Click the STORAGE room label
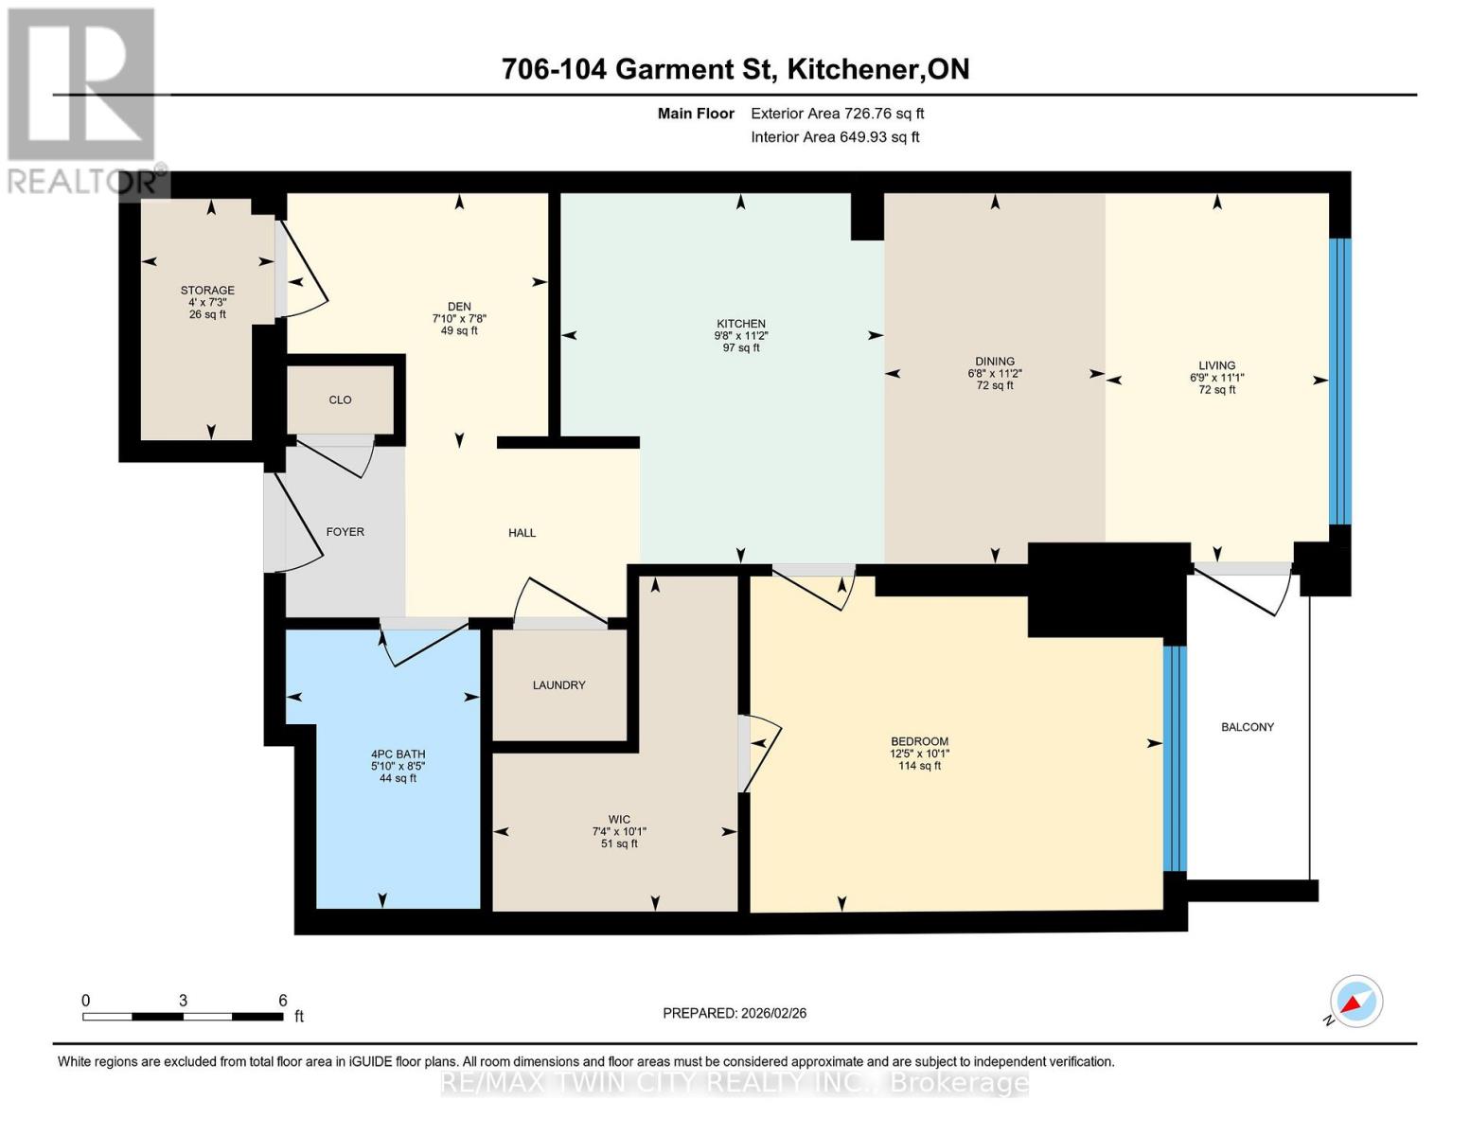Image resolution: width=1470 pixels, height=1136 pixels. click(x=207, y=291)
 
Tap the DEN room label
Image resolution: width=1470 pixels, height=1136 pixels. click(x=459, y=307)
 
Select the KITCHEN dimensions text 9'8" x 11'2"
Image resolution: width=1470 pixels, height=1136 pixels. click(x=741, y=335)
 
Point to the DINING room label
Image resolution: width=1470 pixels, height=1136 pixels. click(x=995, y=362)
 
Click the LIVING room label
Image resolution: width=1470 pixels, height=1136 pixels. click(x=1216, y=365)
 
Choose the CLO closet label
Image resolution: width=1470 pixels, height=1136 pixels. click(x=340, y=399)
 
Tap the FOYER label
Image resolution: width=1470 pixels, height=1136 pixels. click(x=345, y=532)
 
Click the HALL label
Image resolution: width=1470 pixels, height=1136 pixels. click(x=522, y=533)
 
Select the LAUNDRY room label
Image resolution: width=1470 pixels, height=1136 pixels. click(x=558, y=685)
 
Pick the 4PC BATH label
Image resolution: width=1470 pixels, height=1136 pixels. click(x=398, y=754)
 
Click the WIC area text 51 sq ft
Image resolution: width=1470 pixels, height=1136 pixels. click(x=619, y=843)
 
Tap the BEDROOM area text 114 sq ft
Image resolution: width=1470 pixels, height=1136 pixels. click(x=919, y=766)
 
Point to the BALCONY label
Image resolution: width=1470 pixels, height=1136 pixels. click(x=1248, y=727)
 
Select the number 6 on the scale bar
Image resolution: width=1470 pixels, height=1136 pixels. click(x=283, y=1000)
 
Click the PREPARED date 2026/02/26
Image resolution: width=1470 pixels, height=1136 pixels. click(x=774, y=1014)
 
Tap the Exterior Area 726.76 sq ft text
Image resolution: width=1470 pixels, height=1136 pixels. click(x=838, y=114)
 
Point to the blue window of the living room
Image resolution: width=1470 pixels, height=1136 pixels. click(x=1340, y=382)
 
